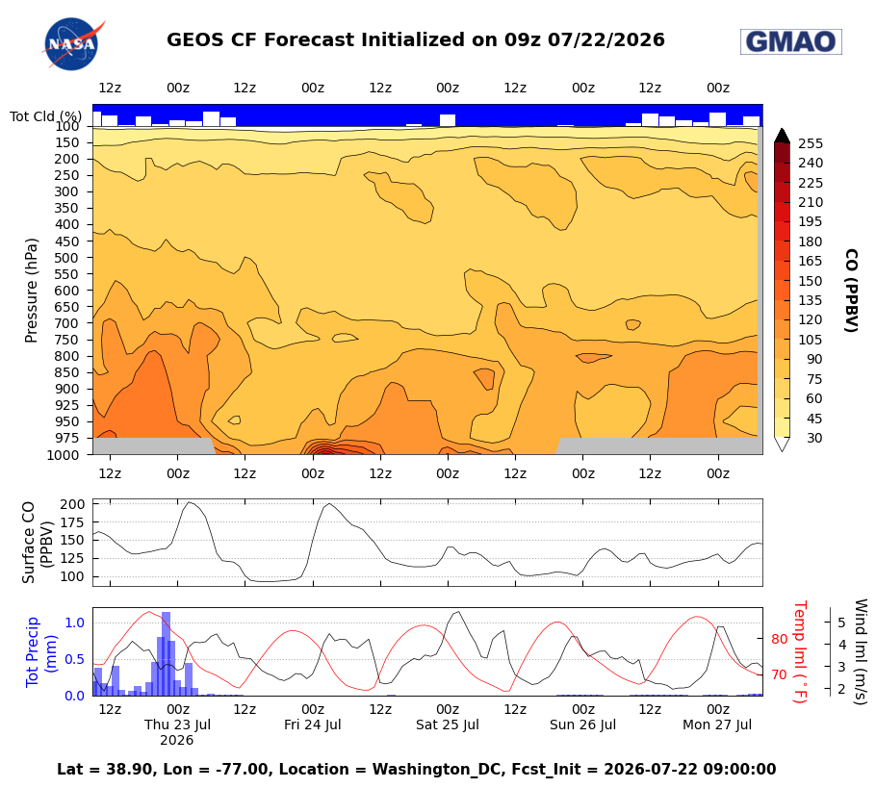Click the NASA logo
[x=72, y=43]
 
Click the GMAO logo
[x=790, y=42]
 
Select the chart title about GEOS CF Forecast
[x=416, y=40]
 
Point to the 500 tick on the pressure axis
[x=66, y=258]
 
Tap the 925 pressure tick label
[x=66, y=405]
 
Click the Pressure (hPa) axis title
[x=31, y=291]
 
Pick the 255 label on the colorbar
[x=811, y=144]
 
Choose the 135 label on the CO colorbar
[x=811, y=301]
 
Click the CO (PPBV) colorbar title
[x=851, y=291]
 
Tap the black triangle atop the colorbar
[x=782, y=136]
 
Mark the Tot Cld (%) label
[x=45, y=116]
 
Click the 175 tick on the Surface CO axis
[x=72, y=522]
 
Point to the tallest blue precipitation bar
[x=166, y=653]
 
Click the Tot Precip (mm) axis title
[x=40, y=651]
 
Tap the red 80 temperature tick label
[x=779, y=640]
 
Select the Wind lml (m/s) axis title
[x=861, y=651]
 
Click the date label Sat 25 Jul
[x=448, y=724]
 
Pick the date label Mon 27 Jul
[x=717, y=724]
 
